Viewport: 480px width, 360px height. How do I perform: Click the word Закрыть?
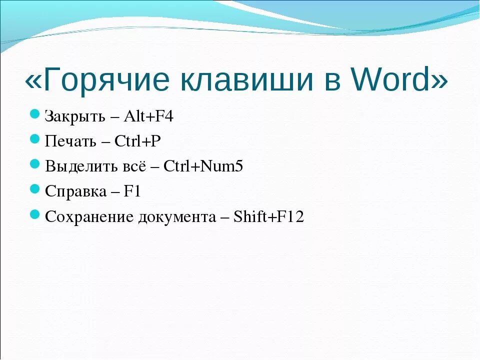point(75,116)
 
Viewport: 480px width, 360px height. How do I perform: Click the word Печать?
point(70,141)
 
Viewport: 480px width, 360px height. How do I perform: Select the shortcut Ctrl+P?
point(138,141)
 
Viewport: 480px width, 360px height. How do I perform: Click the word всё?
point(132,166)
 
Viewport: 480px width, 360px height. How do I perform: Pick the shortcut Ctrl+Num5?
point(203,166)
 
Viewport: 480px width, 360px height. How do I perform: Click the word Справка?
point(75,191)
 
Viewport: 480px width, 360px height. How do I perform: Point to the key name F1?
point(133,191)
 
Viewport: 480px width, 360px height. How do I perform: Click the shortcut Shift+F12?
point(269,217)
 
